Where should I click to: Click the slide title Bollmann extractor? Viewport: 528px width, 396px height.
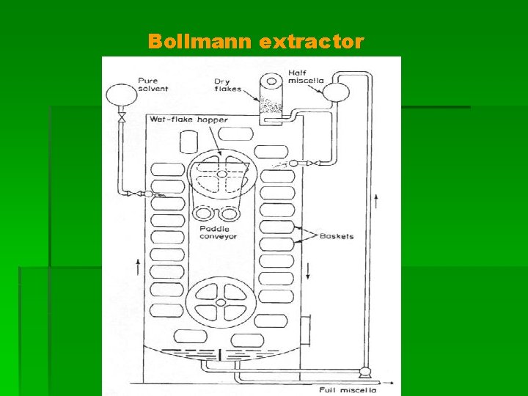point(255,42)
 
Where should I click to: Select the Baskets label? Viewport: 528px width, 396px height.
point(337,236)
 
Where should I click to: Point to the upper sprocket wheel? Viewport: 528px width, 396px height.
point(218,175)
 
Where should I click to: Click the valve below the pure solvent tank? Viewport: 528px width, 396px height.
point(122,118)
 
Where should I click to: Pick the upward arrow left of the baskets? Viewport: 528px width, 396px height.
point(137,265)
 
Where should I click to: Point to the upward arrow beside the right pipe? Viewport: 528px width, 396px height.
point(376,199)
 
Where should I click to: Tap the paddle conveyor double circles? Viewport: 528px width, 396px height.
point(217,213)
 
